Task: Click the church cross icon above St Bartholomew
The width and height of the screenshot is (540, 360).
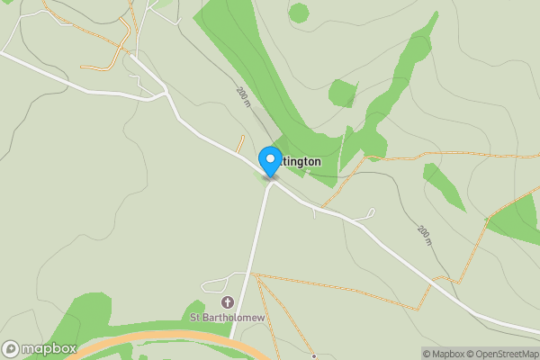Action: pos(227,302)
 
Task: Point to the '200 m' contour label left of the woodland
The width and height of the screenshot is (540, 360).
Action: pos(243,97)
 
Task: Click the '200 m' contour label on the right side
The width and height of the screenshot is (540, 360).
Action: pos(424,236)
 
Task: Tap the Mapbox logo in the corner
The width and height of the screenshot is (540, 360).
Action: pos(40,348)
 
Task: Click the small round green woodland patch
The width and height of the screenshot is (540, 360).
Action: pos(298,13)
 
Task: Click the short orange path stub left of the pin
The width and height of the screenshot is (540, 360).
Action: pos(240,143)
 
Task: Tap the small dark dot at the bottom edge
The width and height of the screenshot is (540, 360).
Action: pos(313,356)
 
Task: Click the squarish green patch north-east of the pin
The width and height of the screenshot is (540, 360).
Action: pos(343,93)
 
